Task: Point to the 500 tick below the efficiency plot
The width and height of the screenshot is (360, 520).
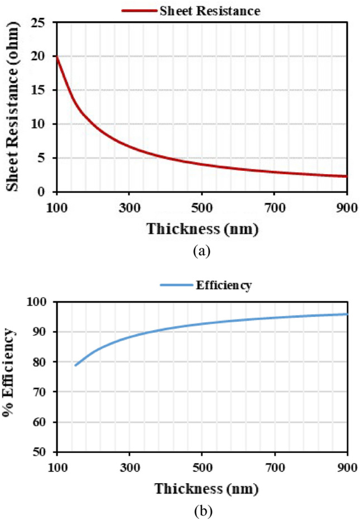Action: (x=201, y=466)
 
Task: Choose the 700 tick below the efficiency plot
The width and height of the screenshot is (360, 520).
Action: (x=274, y=466)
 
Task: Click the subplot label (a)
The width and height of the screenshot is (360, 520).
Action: (x=201, y=251)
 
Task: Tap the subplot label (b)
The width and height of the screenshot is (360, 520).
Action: (x=201, y=511)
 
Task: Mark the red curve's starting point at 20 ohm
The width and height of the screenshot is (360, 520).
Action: (x=57, y=56)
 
